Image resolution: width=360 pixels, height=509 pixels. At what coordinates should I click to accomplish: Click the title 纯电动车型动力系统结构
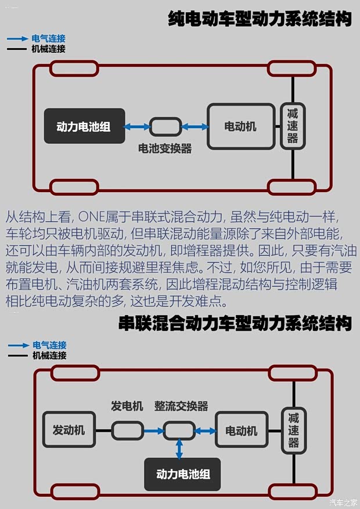point(260,19)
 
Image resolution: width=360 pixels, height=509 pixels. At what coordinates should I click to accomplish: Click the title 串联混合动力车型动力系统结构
point(235,323)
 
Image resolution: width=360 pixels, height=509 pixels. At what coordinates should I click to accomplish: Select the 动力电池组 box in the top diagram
point(84,127)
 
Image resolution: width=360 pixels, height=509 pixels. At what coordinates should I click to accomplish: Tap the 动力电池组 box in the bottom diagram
point(183,474)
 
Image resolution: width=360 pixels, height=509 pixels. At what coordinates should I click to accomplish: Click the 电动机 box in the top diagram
point(240,127)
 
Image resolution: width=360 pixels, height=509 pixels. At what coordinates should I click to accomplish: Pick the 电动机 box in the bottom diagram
point(242,431)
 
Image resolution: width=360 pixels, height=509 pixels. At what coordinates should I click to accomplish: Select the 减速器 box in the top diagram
point(292,126)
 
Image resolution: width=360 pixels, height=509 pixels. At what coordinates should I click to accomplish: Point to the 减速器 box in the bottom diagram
point(293,430)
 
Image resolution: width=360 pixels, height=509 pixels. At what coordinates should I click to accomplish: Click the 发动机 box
point(69,430)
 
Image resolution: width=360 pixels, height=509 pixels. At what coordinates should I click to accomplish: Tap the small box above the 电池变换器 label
point(165,127)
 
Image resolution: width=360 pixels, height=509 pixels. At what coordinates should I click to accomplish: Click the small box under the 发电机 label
point(128,431)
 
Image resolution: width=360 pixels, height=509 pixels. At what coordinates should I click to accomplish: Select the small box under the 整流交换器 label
point(179,431)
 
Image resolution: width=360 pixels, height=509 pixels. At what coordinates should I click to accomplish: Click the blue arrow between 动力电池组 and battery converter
point(137,127)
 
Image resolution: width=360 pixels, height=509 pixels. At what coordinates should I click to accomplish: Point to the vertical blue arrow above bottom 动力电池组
point(179,449)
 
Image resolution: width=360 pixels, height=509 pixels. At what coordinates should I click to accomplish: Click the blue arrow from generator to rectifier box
point(153,431)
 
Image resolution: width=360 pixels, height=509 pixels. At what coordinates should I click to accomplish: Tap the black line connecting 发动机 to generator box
point(103,431)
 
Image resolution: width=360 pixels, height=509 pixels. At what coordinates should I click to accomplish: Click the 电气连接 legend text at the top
point(49,38)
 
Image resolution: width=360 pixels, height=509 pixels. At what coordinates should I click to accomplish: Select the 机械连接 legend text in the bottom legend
point(49,355)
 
